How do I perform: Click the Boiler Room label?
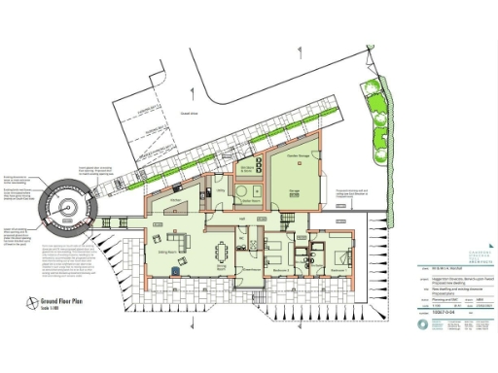[x=247, y=201]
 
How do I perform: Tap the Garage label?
[x=293, y=191]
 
